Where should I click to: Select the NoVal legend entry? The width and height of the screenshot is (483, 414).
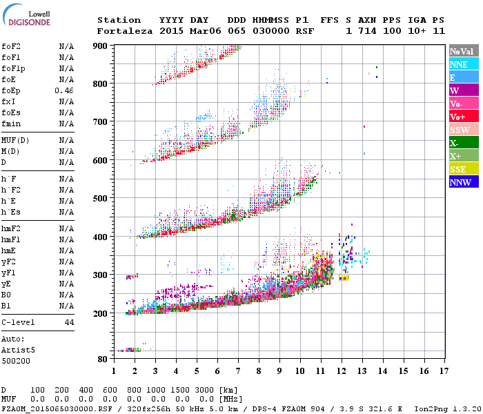coord(463,51)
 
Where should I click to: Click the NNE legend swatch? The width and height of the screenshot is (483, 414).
coord(463,64)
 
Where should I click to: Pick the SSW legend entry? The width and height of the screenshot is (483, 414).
coord(463,130)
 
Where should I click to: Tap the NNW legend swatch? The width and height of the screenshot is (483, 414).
coord(463,183)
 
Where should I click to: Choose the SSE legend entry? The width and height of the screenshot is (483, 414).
coord(463,170)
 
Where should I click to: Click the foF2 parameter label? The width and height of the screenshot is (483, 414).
coord(10,46)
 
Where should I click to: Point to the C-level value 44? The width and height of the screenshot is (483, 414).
coord(69,322)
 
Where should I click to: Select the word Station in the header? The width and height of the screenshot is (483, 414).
coord(119,20)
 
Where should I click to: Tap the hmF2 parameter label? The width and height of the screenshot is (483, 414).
coord(10,228)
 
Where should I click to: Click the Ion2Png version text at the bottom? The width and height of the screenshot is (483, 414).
coord(442,408)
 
